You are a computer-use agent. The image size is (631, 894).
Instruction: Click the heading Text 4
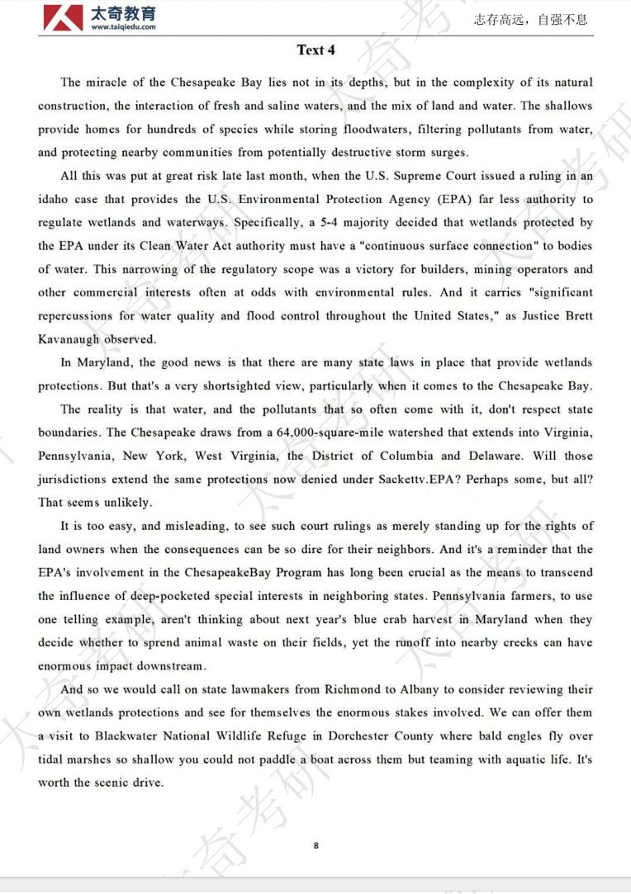click(x=315, y=50)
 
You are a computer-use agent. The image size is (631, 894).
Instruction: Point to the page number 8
click(x=316, y=844)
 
